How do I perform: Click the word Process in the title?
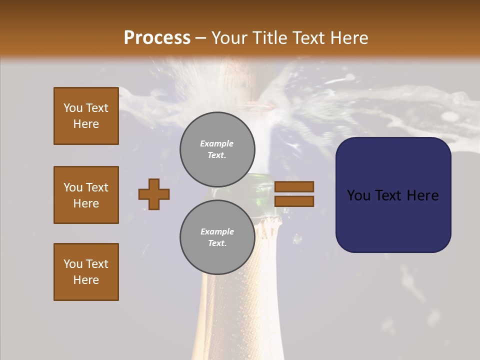click(x=157, y=38)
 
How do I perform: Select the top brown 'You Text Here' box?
click(x=86, y=116)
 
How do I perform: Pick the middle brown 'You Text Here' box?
click(x=86, y=195)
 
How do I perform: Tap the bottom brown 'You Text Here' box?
click(x=86, y=272)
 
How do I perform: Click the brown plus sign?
click(x=154, y=194)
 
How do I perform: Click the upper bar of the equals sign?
click(x=294, y=186)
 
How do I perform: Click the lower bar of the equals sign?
click(x=294, y=201)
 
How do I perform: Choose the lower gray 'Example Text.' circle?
click(x=217, y=237)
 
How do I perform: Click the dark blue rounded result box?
click(x=393, y=195)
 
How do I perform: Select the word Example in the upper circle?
click(x=216, y=143)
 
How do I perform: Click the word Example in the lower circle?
click(x=217, y=231)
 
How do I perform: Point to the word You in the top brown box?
click(x=73, y=108)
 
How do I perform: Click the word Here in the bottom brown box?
click(x=86, y=280)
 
